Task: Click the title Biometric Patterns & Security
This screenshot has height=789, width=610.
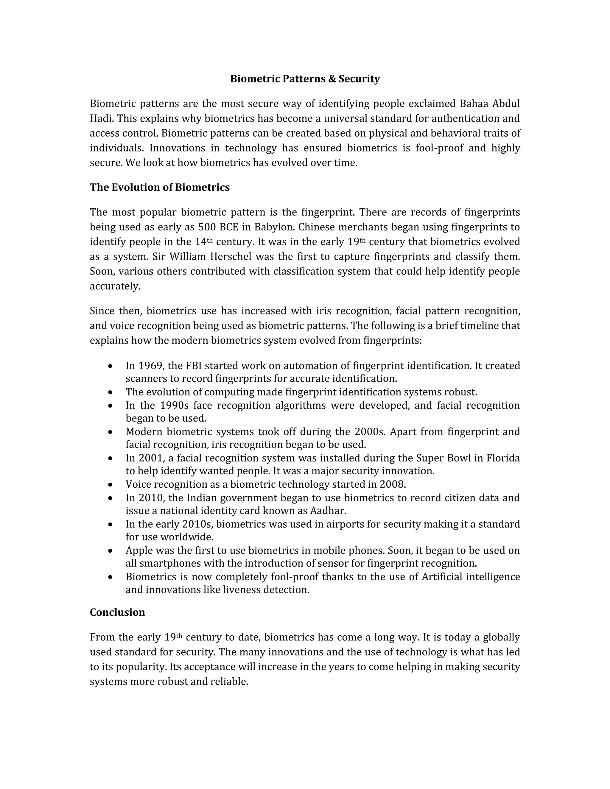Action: (305, 79)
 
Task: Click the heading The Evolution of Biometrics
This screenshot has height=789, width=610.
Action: (159, 187)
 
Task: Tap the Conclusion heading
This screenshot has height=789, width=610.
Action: (117, 612)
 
